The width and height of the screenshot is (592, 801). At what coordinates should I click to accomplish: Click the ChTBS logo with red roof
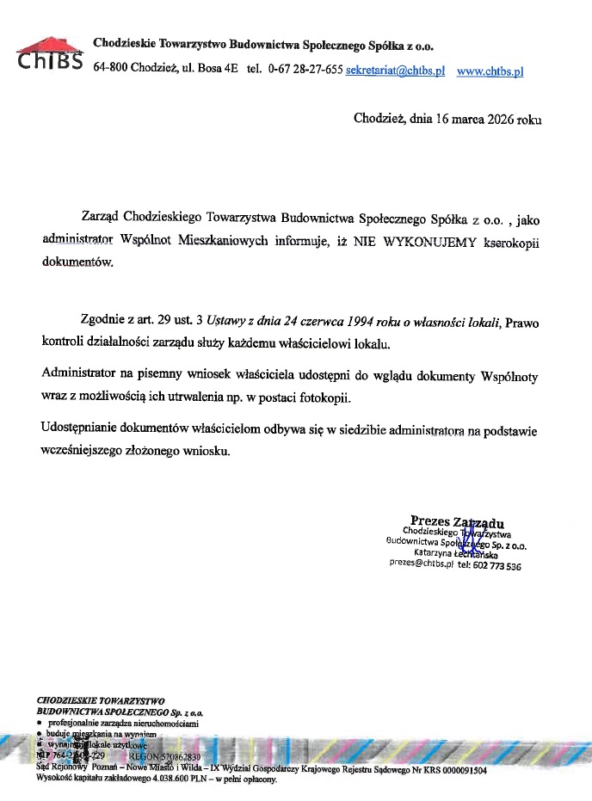tap(49, 54)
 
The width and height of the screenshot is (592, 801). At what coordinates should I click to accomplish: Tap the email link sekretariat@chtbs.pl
tap(395, 71)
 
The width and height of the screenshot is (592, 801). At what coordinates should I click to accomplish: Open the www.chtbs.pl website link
tap(489, 71)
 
